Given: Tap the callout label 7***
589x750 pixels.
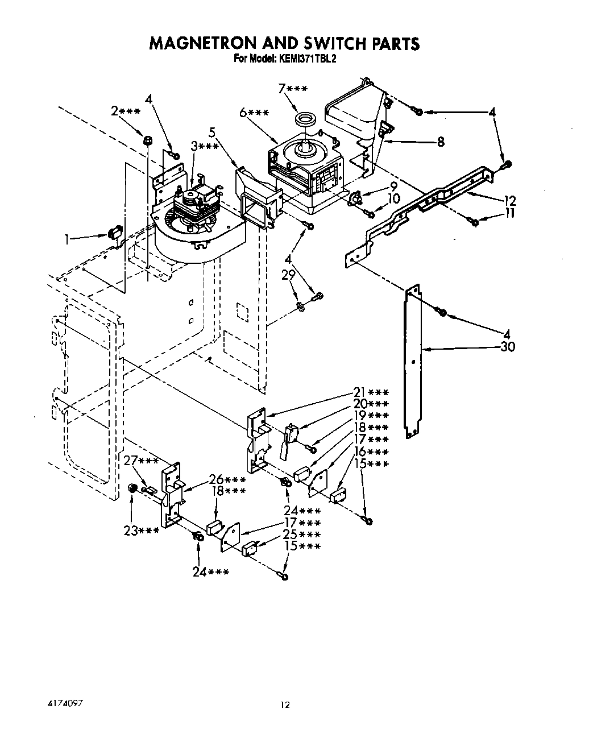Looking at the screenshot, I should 293,89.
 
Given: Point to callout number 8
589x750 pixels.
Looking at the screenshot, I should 439,143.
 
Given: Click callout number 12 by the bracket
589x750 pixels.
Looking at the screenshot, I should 509,200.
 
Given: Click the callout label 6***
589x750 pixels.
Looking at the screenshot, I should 254,113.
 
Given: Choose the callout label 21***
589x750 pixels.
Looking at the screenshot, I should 371,392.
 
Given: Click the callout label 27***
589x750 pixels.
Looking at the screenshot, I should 140,461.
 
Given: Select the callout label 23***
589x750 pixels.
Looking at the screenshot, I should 141,531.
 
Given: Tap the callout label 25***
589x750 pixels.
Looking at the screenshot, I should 302,535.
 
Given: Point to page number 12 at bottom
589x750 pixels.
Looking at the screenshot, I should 285,706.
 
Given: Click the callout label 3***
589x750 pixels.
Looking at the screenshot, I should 205,146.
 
